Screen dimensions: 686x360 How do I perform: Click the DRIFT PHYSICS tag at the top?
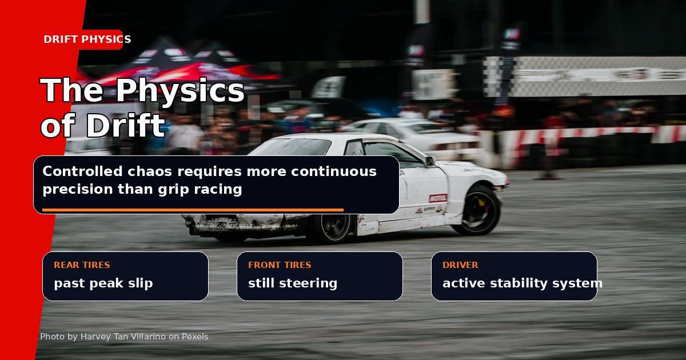click(x=87, y=39)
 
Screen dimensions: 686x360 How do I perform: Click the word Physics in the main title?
click(x=180, y=91)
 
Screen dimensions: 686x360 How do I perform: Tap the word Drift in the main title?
click(x=126, y=125)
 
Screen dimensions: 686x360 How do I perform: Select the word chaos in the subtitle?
click(x=150, y=171)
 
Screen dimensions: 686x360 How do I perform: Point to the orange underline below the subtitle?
click(x=193, y=210)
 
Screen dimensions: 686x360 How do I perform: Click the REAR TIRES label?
click(x=82, y=265)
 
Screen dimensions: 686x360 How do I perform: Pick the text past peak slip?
click(x=103, y=283)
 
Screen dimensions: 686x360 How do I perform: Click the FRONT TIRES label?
click(x=280, y=265)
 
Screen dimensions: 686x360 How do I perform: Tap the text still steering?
click(x=293, y=283)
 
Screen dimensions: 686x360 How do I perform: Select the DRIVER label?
click(x=460, y=265)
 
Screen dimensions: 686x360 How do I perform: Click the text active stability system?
click(x=523, y=283)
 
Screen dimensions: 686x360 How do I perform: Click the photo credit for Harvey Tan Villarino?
click(x=125, y=337)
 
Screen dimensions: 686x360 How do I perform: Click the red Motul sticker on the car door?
click(x=438, y=198)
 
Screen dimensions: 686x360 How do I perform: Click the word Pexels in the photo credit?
click(x=195, y=337)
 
